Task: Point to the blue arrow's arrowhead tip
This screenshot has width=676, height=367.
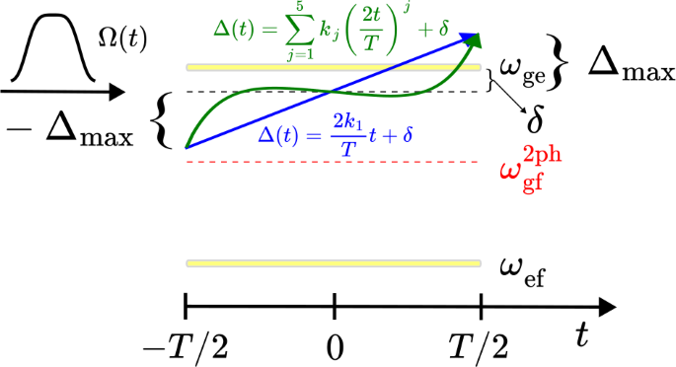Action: [x=482, y=36]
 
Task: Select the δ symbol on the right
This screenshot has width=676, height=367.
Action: [x=535, y=121]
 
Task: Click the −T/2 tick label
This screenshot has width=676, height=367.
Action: [x=187, y=345]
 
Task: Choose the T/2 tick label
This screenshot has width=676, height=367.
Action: [x=480, y=345]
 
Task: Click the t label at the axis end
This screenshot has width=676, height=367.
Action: [x=583, y=336]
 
